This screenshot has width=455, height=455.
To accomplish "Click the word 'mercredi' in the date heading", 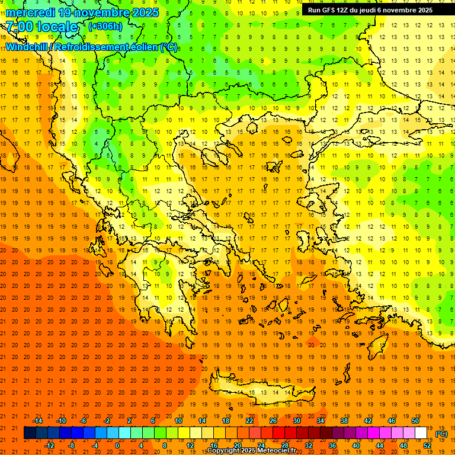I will click(29, 12).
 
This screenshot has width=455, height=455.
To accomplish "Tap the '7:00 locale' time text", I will click(41, 27).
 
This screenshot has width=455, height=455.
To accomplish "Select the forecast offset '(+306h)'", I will click(105, 27).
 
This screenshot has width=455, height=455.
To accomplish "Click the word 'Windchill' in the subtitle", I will click(27, 47).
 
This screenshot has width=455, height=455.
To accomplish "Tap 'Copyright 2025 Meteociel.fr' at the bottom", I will click(251, 451).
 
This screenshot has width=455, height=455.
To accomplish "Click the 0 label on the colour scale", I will click(117, 446).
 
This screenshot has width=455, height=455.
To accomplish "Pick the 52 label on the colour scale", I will click(427, 446).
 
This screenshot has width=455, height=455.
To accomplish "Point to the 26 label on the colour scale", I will click(273, 421).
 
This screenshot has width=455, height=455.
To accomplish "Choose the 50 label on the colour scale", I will click(415, 421).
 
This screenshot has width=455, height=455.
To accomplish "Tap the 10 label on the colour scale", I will click(178, 421).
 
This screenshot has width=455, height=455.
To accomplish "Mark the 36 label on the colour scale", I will click(332, 446).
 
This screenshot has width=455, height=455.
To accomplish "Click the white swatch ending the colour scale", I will click(421, 433).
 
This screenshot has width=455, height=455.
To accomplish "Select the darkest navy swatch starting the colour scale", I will click(30, 433).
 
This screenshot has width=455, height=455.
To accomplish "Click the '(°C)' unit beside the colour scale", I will click(441, 434).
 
